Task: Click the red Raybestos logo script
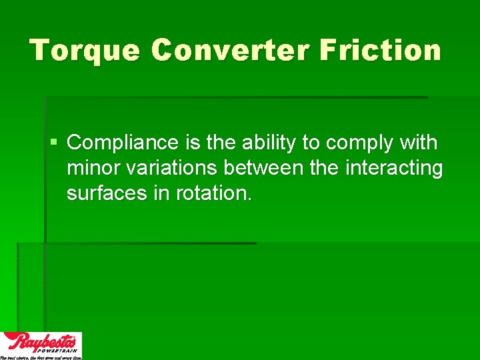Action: point(40,341)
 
